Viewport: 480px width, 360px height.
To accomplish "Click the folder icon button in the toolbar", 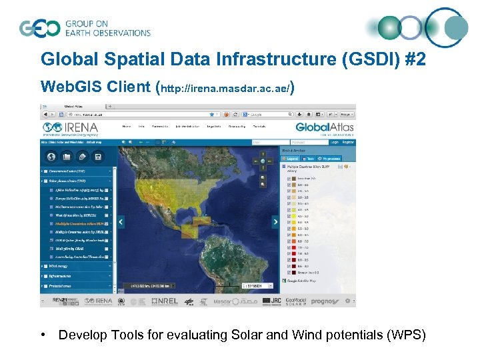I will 67,157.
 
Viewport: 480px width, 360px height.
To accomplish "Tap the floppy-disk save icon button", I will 98,157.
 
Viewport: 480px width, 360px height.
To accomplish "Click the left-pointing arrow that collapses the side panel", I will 119,222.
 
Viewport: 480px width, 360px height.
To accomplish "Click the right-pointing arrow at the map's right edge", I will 275,222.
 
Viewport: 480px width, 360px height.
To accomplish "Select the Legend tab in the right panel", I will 292,159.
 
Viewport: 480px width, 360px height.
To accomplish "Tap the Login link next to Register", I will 334,142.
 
